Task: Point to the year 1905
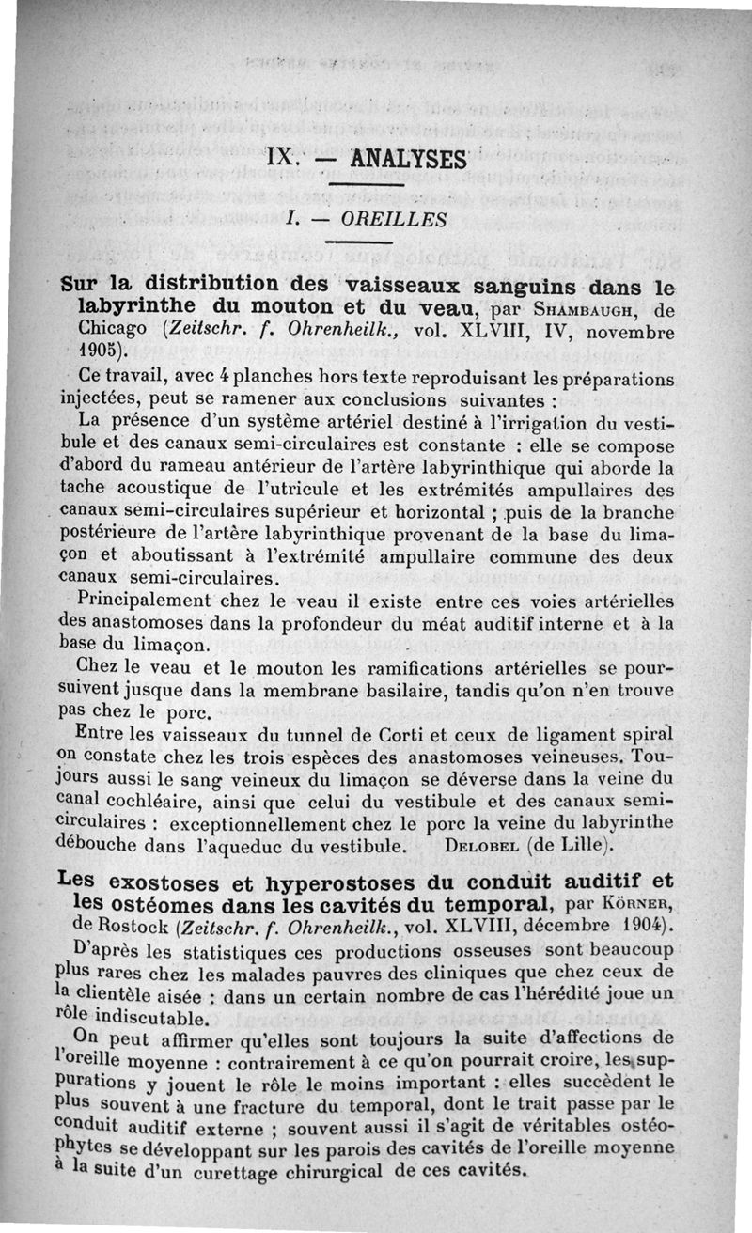click(x=100, y=353)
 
